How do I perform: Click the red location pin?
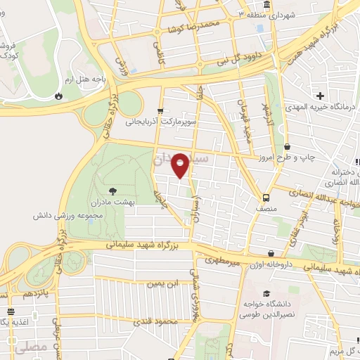(x=181, y=165)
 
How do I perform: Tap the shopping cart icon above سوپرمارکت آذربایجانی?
(x=161, y=110)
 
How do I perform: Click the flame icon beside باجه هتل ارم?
(x=59, y=96)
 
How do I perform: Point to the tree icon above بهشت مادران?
(x=112, y=190)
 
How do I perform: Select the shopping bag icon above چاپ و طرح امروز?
(x=287, y=146)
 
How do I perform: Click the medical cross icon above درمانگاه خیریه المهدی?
(x=321, y=96)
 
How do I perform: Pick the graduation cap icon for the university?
(x=266, y=294)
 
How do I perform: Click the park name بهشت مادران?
(x=112, y=202)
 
